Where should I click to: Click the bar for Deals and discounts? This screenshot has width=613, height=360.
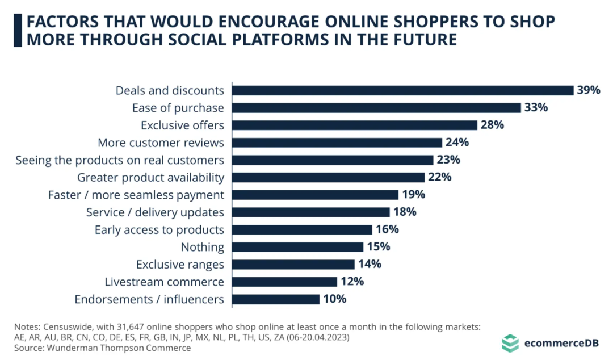click(x=403, y=90)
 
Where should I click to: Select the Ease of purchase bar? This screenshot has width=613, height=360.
click(x=377, y=108)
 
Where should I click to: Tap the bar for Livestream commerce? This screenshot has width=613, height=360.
click(x=285, y=282)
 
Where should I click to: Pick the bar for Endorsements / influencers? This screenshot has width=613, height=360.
click(x=276, y=299)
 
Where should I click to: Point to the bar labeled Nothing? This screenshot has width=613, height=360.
click(x=298, y=247)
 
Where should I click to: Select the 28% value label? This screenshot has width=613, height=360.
click(x=493, y=125)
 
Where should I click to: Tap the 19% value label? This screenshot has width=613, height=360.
click(x=414, y=195)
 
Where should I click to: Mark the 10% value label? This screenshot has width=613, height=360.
click(x=335, y=299)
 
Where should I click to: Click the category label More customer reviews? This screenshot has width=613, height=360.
click(x=161, y=143)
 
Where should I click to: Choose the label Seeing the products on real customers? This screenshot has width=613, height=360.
click(x=120, y=160)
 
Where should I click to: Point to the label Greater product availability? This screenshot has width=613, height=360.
click(x=150, y=178)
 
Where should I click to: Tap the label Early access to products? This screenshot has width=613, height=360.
click(x=159, y=230)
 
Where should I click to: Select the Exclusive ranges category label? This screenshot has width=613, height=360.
click(x=180, y=265)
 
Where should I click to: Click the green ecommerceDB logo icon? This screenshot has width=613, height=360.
click(x=510, y=343)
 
